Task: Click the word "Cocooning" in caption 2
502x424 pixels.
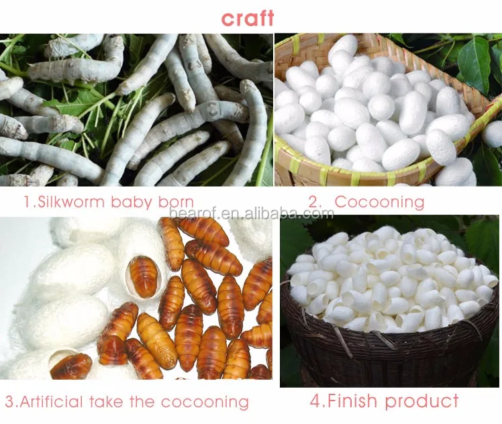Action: (379, 201)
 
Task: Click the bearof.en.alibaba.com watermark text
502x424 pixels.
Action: (251, 214)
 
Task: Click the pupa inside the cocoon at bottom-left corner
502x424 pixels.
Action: (71, 366)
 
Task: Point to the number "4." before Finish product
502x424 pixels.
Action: (317, 402)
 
